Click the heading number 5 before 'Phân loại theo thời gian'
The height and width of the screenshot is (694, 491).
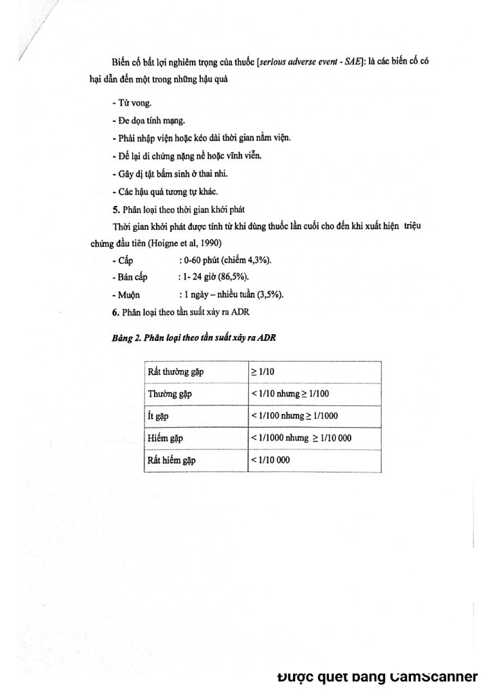pos(116,208)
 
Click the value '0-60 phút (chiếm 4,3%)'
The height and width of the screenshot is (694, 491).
pos(224,261)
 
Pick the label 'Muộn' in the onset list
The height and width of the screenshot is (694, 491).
pos(128,295)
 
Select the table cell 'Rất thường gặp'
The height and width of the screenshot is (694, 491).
pos(176,372)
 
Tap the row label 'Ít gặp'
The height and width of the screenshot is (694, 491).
pos(158,416)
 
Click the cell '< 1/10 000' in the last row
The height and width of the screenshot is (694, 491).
pos(271,460)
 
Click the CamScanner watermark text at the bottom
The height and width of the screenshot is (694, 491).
pos(378,676)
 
